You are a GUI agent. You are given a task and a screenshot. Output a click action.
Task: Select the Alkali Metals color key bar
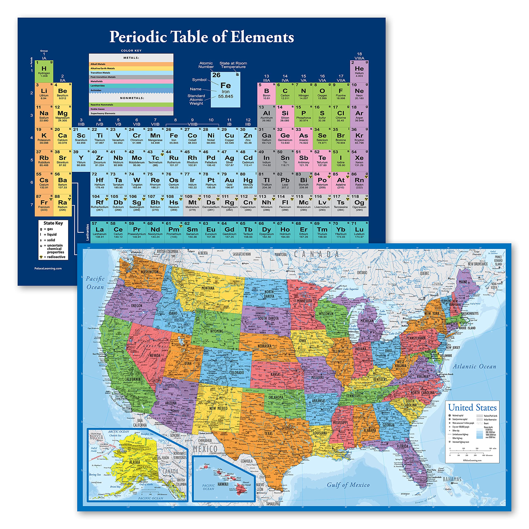(131, 64)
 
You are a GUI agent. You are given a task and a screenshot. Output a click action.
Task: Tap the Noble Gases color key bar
(131, 109)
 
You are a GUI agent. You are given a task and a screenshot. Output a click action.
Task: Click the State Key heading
(53, 223)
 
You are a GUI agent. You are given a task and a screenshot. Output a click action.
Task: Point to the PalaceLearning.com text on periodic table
(48, 268)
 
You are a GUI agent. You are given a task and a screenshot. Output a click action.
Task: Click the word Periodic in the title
(138, 37)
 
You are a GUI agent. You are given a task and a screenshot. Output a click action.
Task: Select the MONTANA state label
(208, 288)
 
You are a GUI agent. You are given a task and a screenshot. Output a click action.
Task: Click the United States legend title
(472, 408)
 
